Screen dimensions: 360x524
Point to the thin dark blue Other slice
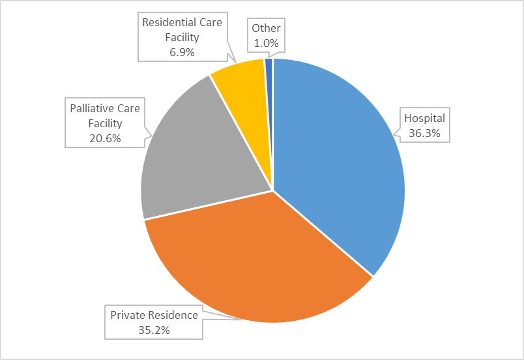click(269, 72)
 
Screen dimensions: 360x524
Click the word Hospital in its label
click(424, 118)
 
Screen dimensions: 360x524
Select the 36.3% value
click(424, 132)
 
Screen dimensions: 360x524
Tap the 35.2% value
click(154, 329)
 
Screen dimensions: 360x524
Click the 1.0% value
click(265, 43)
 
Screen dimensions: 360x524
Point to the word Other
click(265, 29)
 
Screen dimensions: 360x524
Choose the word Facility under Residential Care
click(182, 37)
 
